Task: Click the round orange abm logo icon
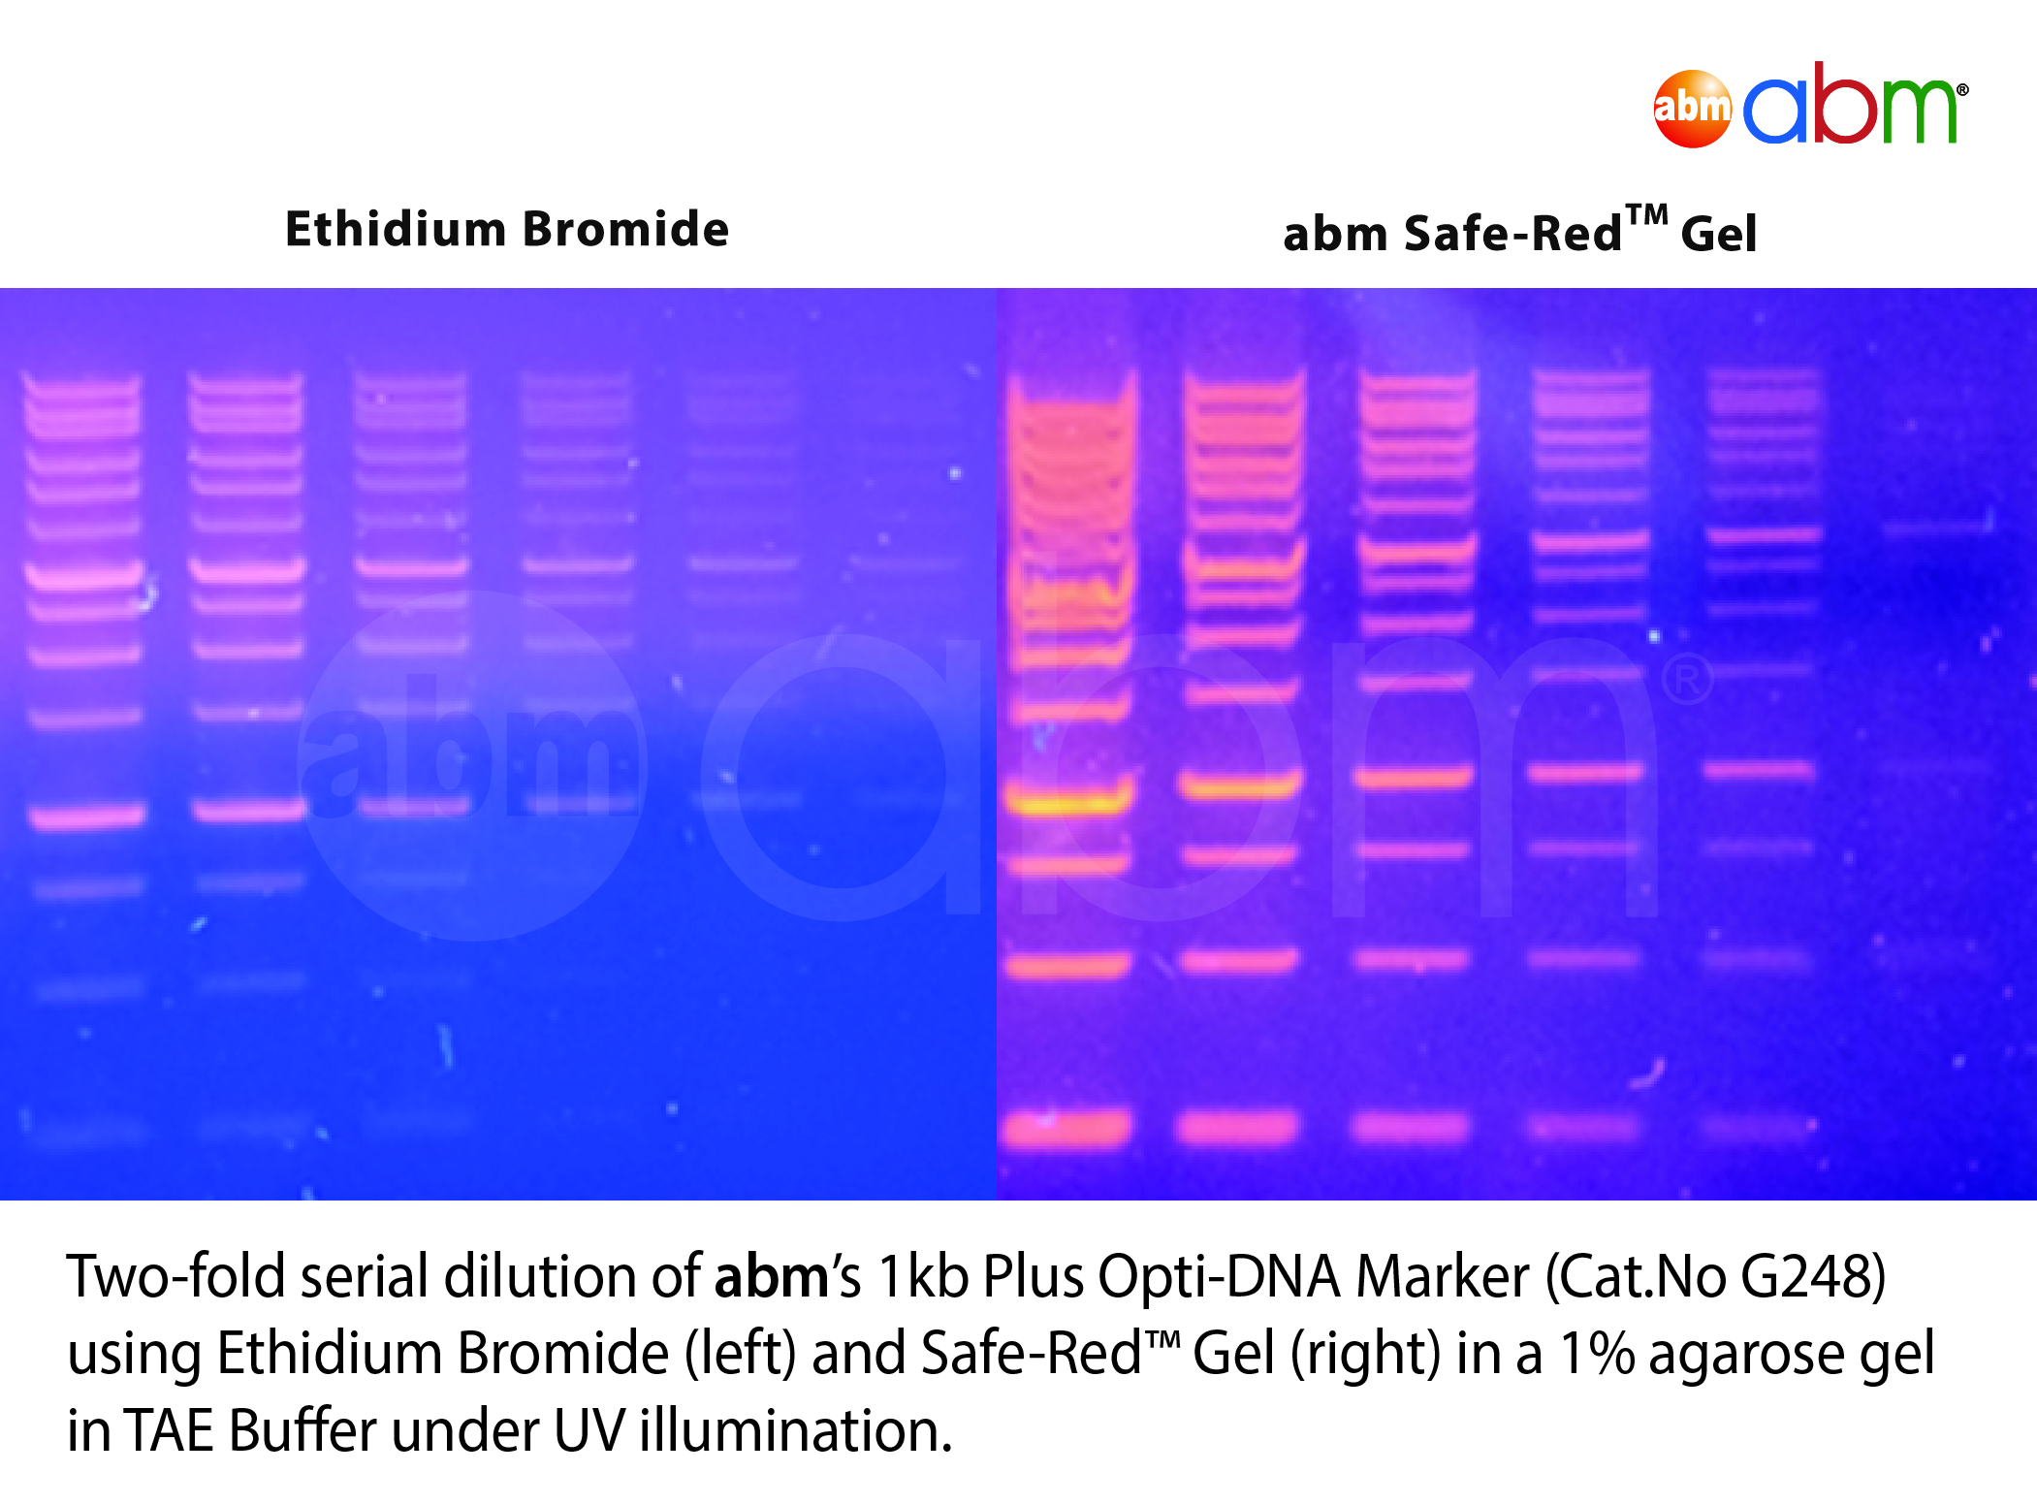click(x=1692, y=108)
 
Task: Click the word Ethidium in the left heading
click(x=396, y=230)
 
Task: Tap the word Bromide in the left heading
click(x=626, y=230)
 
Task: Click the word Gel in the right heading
click(x=1718, y=234)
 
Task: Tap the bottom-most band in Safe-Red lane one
click(x=1066, y=1128)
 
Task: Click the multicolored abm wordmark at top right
click(x=1857, y=104)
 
